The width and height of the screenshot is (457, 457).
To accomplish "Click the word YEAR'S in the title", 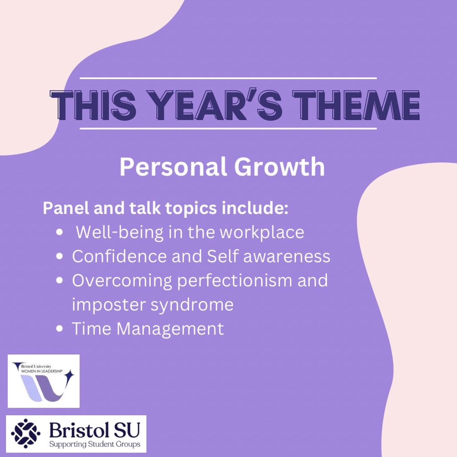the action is [x=218, y=105].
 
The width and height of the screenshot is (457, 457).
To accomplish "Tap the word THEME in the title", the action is [x=356, y=105].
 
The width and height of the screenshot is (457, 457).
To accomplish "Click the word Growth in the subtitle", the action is [x=280, y=167].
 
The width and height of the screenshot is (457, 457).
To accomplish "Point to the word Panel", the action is [x=66, y=208].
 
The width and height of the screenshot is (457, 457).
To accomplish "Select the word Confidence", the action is [x=120, y=257].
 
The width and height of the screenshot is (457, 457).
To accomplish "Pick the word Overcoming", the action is [x=122, y=281].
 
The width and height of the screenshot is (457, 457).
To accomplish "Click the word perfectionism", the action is [x=235, y=281].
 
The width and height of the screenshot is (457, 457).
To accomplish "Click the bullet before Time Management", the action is [x=59, y=329].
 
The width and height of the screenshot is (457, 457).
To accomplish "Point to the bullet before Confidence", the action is [x=59, y=257].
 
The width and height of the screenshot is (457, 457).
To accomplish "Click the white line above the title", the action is [x=228, y=78].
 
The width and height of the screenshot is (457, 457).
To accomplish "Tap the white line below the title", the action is [x=228, y=128].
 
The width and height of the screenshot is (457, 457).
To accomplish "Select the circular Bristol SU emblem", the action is [x=25, y=434].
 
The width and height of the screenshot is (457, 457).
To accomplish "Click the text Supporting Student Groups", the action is [x=95, y=444].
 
